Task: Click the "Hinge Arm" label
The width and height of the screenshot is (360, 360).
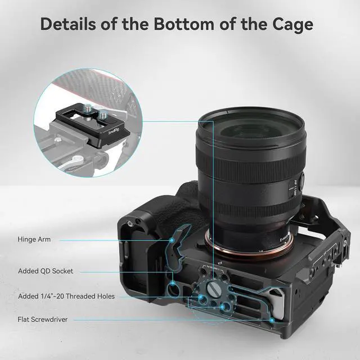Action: [x=34, y=240]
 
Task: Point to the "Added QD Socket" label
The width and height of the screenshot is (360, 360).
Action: [x=45, y=271]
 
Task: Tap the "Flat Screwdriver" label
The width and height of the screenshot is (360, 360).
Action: [x=43, y=319]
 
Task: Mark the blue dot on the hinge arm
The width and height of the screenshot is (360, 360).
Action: [x=171, y=240]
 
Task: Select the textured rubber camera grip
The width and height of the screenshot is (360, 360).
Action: [x=174, y=208]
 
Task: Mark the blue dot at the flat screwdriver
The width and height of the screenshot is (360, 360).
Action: [x=273, y=319]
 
